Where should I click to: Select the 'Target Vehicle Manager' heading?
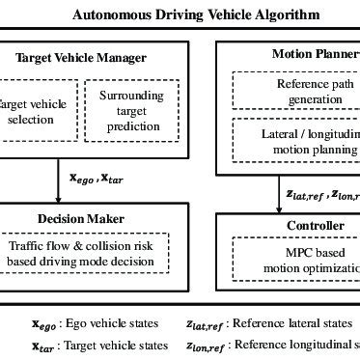coord(81,58)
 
